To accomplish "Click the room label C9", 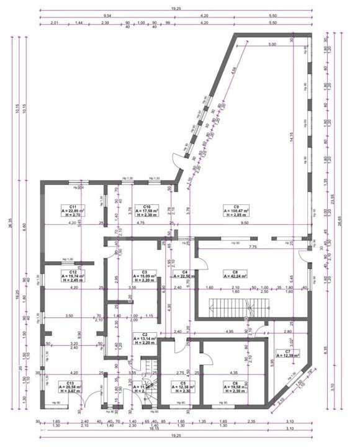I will tap(236, 206).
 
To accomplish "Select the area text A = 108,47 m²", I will tap(236, 211).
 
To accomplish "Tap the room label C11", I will tap(73, 206).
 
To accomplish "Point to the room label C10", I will tap(147, 206).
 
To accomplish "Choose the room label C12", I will tap(73, 272).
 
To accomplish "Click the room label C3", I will tap(144, 272).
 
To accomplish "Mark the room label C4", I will tap(184, 272).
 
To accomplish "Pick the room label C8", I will tap(236, 272).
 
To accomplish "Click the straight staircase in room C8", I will tap(228, 305).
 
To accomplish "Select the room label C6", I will tap(235, 383).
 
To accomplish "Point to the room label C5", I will tap(184, 383).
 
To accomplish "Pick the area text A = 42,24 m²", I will tap(236, 277).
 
